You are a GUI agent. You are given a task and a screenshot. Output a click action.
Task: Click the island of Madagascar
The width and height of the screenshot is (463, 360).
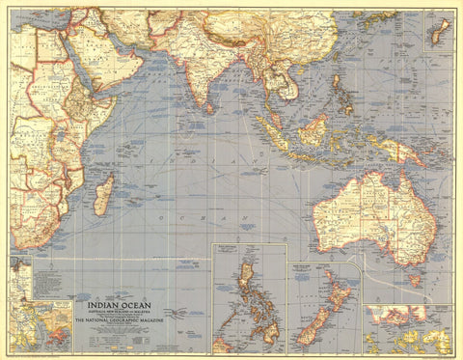tap(103, 195)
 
